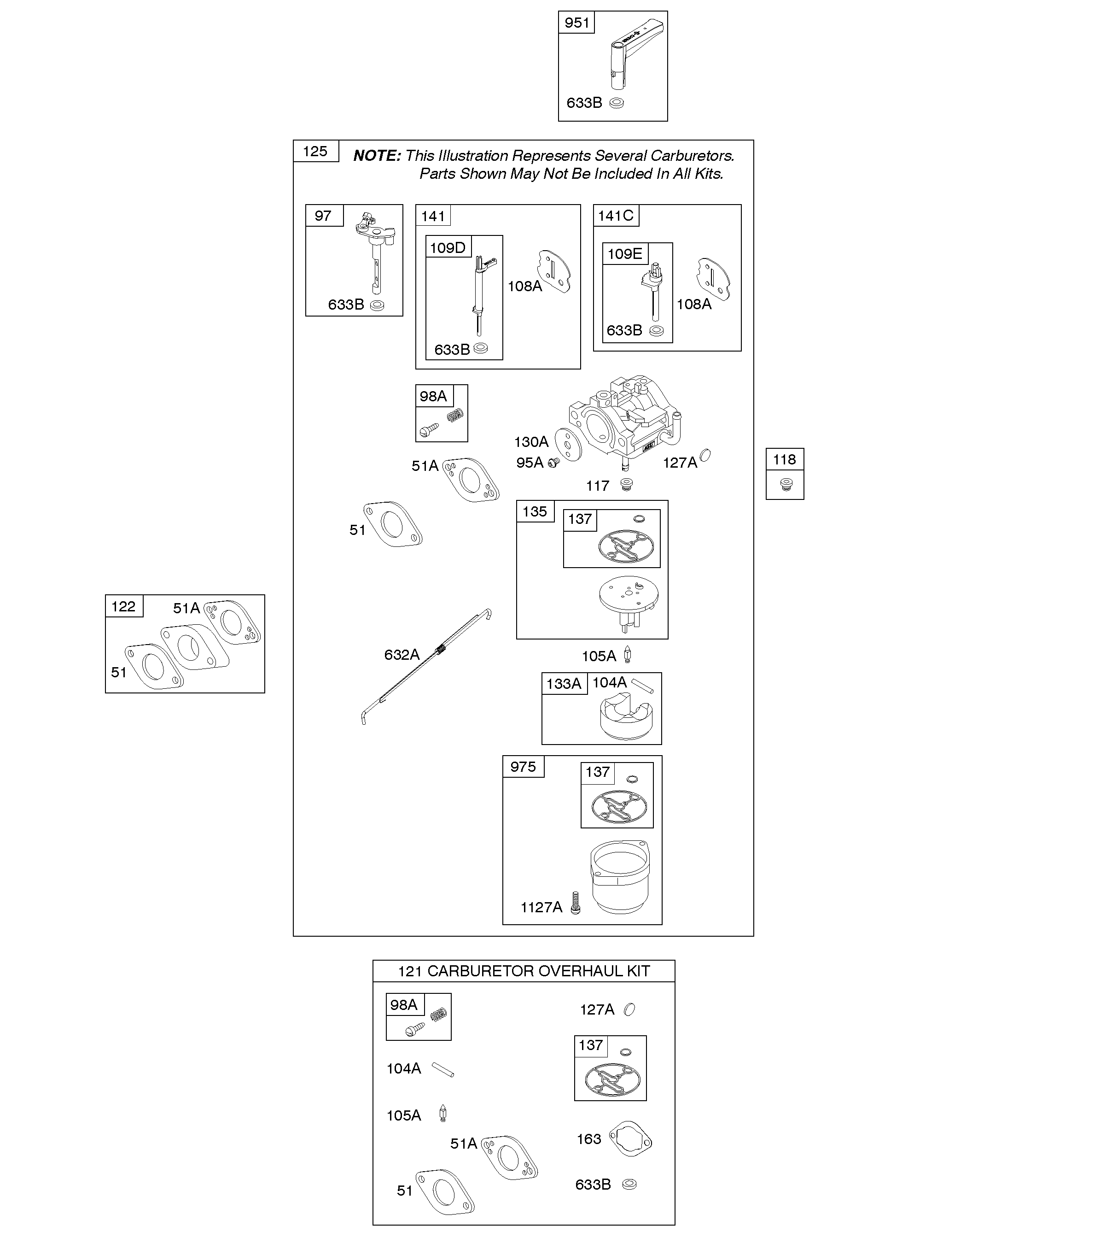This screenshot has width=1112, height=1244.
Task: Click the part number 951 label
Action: pyautogui.click(x=577, y=23)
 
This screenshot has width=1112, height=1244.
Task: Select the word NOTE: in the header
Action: pyautogui.click(x=377, y=156)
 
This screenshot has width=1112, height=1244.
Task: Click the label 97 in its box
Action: pyautogui.click(x=323, y=216)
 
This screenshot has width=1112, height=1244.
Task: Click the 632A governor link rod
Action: pyautogui.click(x=426, y=666)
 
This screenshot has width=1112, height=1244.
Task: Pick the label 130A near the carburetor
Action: pyautogui.click(x=531, y=442)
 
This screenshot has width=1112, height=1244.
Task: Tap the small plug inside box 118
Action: pyautogui.click(x=786, y=487)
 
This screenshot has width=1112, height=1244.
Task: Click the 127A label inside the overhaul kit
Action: pyautogui.click(x=597, y=1010)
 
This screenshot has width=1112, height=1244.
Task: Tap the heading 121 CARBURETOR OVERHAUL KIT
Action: pyautogui.click(x=524, y=971)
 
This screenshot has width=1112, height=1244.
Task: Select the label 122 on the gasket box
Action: pyautogui.click(x=123, y=606)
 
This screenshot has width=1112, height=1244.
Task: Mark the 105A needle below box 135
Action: pyautogui.click(x=628, y=655)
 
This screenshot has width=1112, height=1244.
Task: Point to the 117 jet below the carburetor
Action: pyautogui.click(x=626, y=485)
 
